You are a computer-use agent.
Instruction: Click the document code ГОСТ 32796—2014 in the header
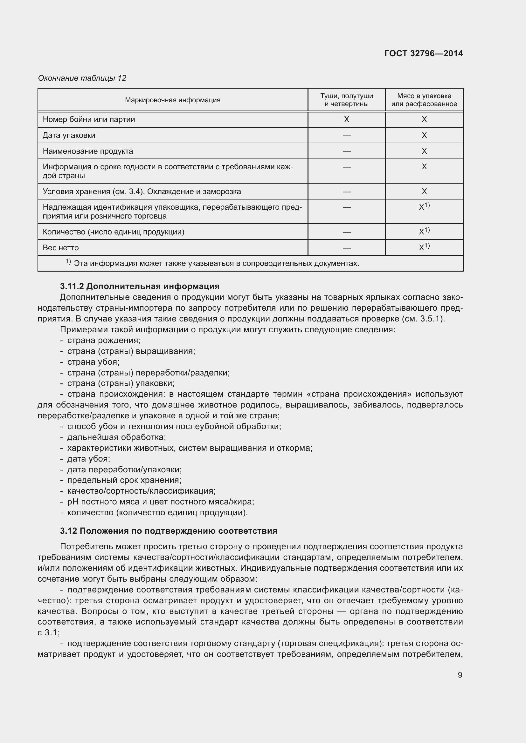tap(423, 53)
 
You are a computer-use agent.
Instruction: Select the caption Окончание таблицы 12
tap(82, 78)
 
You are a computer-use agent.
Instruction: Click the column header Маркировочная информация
tap(173, 100)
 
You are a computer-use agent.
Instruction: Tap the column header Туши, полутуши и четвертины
tap(346, 100)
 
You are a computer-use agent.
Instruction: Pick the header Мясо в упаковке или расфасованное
tap(424, 100)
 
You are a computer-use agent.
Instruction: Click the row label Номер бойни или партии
tap(89, 119)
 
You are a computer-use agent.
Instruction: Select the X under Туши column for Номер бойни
tap(346, 119)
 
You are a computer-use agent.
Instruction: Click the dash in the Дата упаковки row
tap(346, 135)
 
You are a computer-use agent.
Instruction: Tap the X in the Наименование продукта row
tap(424, 151)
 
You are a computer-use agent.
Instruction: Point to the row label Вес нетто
tap(60, 247)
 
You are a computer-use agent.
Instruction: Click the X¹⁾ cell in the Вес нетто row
tap(424, 247)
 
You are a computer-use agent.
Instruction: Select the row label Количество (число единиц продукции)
tap(113, 232)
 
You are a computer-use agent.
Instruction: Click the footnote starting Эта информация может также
tap(216, 263)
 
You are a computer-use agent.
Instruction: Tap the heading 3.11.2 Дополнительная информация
tap(140, 286)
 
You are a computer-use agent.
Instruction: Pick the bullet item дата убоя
tap(88, 459)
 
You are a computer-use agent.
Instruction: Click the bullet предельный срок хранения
tap(124, 480)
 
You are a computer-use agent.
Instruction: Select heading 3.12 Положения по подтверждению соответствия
tap(169, 531)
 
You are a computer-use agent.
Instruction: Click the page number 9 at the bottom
tap(460, 675)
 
